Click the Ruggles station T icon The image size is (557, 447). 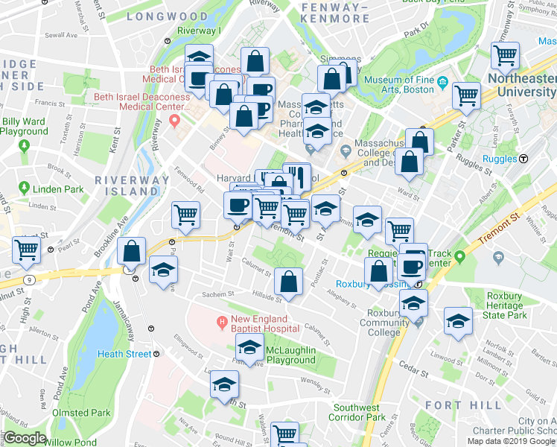click(x=524, y=159)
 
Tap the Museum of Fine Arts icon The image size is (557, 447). click(x=442, y=80)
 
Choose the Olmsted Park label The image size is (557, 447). click(x=81, y=413)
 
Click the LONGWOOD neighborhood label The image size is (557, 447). click(x=167, y=16)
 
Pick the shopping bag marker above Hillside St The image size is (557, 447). click(x=288, y=281)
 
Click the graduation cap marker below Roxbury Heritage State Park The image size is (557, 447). click(x=459, y=320)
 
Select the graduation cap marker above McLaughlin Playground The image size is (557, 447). click(x=250, y=346)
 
